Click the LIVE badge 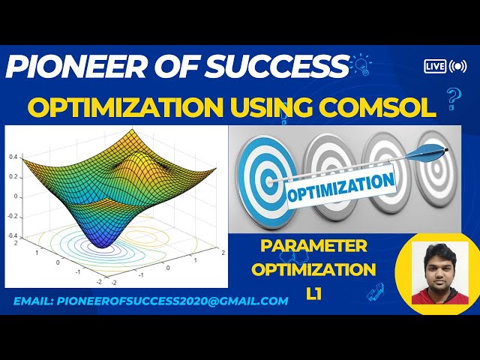coord(435,66)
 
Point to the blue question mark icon coord(452,97)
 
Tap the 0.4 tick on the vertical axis coord(13,157)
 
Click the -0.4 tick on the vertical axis coord(13,236)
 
